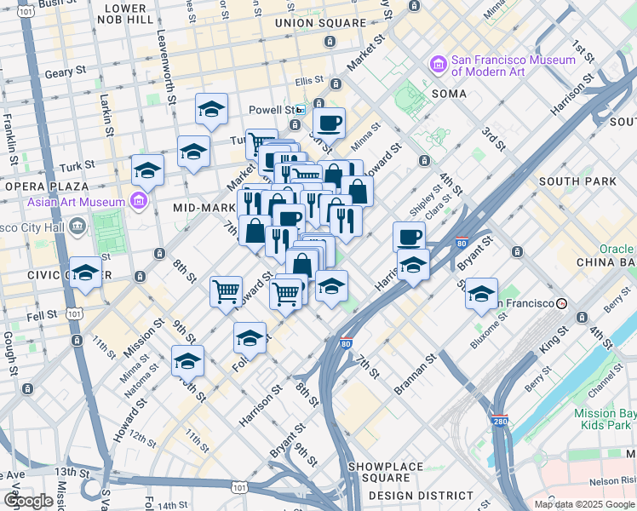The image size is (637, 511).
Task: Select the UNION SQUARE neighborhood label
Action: [x=314, y=22]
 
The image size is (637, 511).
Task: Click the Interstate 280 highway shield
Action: [x=500, y=421]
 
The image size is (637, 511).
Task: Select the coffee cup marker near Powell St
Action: [x=329, y=122]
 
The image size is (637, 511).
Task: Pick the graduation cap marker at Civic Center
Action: [x=86, y=273]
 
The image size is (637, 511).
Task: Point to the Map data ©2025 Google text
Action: [x=583, y=504]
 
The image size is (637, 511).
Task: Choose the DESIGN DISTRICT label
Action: [x=421, y=495]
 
